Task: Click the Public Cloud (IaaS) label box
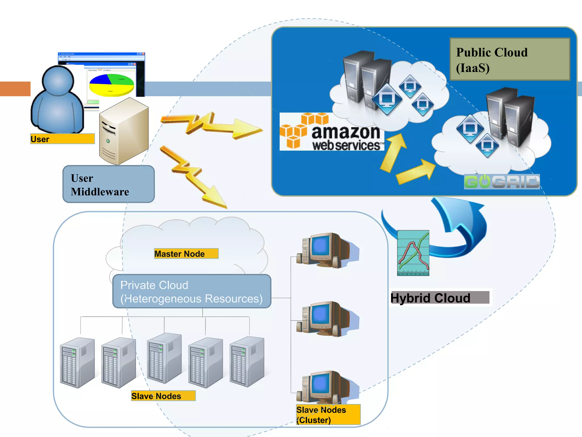[x=510, y=59]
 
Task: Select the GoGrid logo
[x=502, y=182]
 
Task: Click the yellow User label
[x=62, y=139]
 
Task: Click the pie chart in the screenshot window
[x=111, y=85]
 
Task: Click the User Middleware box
[x=109, y=184]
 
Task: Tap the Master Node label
[x=186, y=253]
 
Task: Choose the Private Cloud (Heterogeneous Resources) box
[x=192, y=291]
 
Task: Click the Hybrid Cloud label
[x=440, y=298]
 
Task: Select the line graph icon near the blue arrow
[x=413, y=253]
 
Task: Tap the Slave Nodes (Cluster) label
[x=328, y=415]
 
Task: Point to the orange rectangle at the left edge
[x=15, y=89]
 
